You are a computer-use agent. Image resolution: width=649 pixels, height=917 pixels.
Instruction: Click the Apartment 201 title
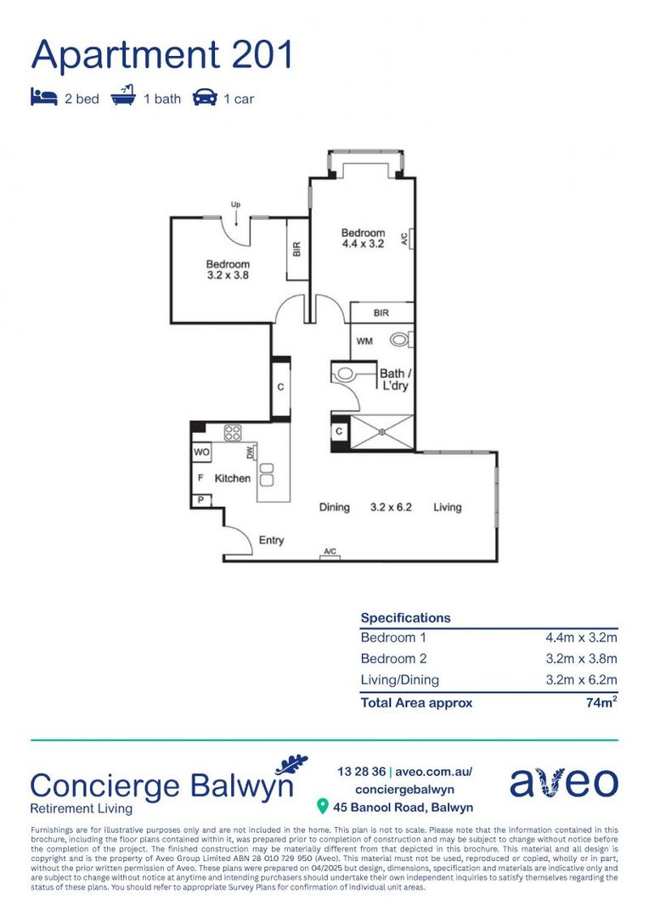(x=161, y=55)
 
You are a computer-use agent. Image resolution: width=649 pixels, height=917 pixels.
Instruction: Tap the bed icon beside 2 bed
(x=43, y=98)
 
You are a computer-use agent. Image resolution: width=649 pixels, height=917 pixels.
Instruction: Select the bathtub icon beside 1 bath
(x=123, y=97)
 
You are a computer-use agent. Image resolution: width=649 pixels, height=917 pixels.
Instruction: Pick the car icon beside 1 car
(x=205, y=98)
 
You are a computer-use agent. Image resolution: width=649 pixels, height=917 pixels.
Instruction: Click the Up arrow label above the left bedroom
(x=236, y=205)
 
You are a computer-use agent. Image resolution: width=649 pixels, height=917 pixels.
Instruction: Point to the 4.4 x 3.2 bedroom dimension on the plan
(x=363, y=244)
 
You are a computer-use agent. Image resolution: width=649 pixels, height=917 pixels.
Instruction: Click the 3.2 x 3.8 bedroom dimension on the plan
(x=228, y=275)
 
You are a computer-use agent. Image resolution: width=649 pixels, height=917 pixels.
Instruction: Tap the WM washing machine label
(x=364, y=341)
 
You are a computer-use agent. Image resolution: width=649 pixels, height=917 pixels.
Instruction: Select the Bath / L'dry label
(x=395, y=380)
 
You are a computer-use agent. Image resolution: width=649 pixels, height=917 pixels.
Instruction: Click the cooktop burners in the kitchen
(x=233, y=431)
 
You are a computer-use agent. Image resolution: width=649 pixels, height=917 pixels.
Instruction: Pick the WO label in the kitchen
(x=201, y=453)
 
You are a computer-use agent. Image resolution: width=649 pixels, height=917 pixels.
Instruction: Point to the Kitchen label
(x=232, y=478)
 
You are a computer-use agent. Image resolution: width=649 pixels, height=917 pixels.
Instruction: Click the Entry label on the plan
(x=271, y=540)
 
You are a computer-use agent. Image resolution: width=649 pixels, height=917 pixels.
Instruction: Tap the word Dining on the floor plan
(x=334, y=507)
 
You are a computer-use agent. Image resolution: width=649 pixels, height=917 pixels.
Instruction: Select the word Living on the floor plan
(x=447, y=507)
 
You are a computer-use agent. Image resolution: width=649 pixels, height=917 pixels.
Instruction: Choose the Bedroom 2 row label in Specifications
(x=393, y=658)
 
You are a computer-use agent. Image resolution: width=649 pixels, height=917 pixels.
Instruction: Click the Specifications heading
(x=405, y=618)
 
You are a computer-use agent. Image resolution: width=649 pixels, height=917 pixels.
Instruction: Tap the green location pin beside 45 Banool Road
(x=322, y=806)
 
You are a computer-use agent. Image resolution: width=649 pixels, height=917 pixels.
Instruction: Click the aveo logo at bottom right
(x=563, y=782)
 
